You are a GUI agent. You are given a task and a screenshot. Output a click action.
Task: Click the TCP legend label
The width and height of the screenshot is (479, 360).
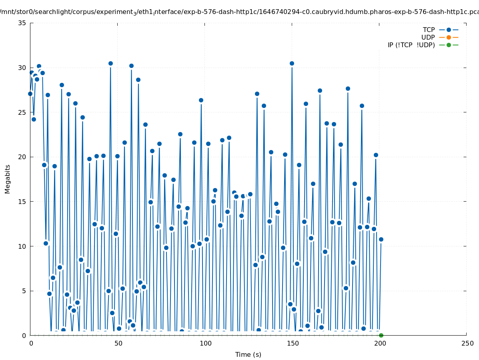(x=429, y=30)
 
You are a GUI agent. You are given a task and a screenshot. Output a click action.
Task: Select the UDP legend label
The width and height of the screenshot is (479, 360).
(x=428, y=37)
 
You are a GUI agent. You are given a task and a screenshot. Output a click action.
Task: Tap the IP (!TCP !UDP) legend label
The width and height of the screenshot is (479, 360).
(x=411, y=45)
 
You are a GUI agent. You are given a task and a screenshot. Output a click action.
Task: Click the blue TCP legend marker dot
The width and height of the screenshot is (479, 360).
(x=449, y=30)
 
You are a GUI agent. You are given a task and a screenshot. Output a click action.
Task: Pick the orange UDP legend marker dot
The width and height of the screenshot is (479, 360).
(x=449, y=37)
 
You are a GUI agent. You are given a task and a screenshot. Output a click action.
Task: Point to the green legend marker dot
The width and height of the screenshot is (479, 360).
(x=449, y=45)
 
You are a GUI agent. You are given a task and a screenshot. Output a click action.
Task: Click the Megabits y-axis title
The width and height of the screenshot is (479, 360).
(x=8, y=179)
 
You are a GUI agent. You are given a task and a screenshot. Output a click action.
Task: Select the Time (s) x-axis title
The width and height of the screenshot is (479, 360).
(x=248, y=354)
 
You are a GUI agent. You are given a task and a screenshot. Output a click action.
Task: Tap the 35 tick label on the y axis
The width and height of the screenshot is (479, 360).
(x=22, y=23)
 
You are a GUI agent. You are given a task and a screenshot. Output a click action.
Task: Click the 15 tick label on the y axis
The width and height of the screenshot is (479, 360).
(x=22, y=202)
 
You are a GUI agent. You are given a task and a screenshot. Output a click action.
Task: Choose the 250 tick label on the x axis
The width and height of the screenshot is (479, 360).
(x=467, y=344)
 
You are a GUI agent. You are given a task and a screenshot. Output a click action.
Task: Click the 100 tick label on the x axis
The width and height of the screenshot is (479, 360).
(x=205, y=344)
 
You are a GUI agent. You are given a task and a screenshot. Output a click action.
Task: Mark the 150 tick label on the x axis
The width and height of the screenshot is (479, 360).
(x=292, y=344)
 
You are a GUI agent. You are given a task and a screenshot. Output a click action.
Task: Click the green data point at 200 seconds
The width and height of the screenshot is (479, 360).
(x=381, y=335)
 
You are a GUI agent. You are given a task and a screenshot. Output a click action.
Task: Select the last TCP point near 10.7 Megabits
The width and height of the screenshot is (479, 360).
(x=381, y=239)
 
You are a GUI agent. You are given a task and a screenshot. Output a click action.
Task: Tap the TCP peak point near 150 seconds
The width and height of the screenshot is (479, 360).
(x=292, y=63)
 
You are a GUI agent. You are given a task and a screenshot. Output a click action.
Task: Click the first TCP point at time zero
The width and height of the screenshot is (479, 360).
(x=30, y=94)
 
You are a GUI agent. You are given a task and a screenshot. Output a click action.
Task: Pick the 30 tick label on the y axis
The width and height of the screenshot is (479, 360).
(x=22, y=68)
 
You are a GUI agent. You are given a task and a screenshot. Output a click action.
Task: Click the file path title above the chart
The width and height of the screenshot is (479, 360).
(x=239, y=12)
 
